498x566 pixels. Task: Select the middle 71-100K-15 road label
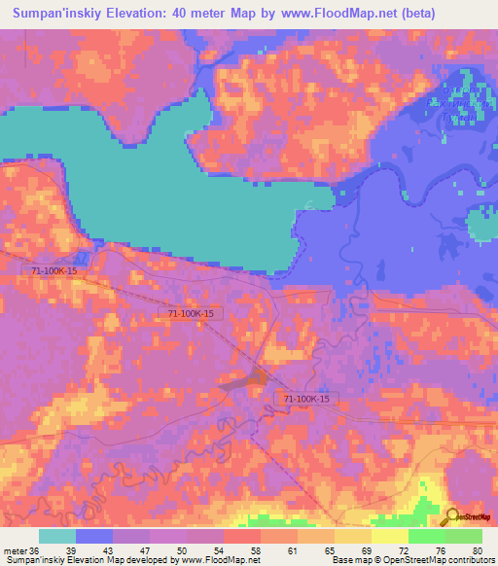coord(196,314)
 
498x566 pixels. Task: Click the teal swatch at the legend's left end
coord(57,536)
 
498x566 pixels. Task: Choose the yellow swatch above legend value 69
coord(353,536)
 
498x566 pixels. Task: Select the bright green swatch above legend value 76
coord(427,536)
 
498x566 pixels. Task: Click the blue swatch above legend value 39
coord(94,536)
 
